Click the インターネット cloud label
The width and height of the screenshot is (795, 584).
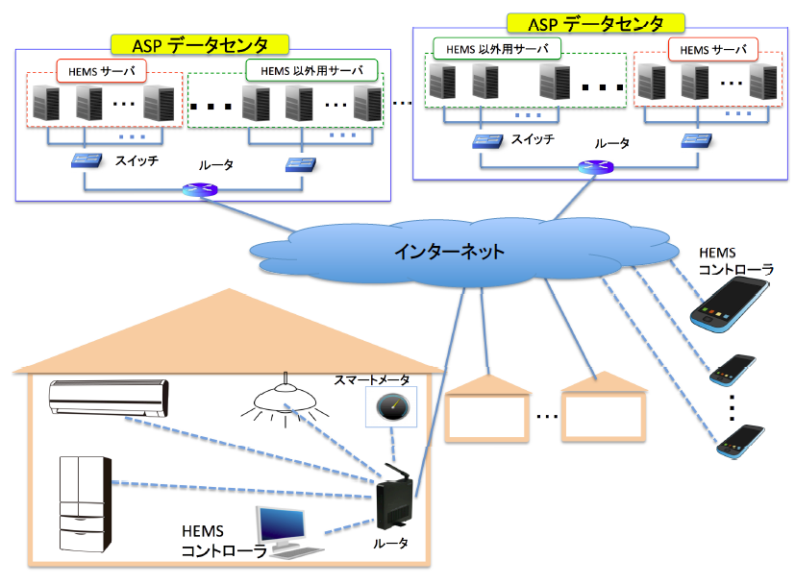(449, 253)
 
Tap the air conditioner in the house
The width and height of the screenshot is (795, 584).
(109, 395)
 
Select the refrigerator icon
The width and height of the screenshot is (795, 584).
(84, 503)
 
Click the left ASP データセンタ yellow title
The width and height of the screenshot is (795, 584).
(201, 44)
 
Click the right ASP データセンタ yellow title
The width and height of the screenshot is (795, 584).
(596, 23)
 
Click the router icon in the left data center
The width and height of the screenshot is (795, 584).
(201, 189)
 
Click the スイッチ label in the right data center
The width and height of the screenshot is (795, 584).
(533, 140)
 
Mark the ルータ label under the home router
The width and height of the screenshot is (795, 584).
(391, 543)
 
